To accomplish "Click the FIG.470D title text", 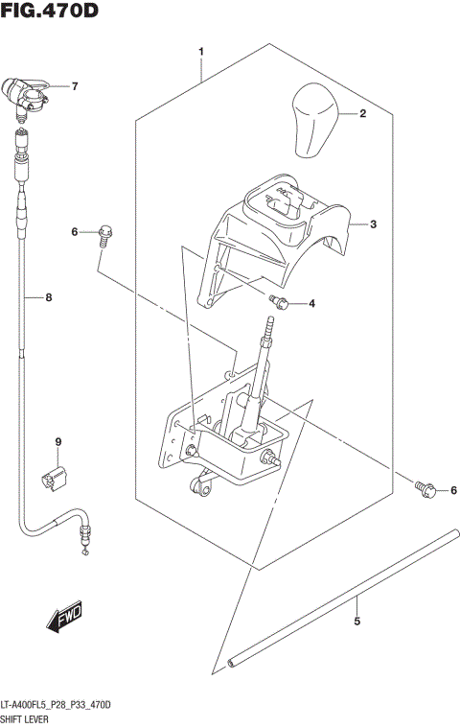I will click(x=50, y=12).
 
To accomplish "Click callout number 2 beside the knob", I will click(x=363, y=114).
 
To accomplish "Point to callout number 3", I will click(x=374, y=224).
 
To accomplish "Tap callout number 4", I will click(x=310, y=305).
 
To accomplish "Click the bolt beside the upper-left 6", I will click(x=104, y=233).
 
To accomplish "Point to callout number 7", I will click(x=74, y=86).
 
